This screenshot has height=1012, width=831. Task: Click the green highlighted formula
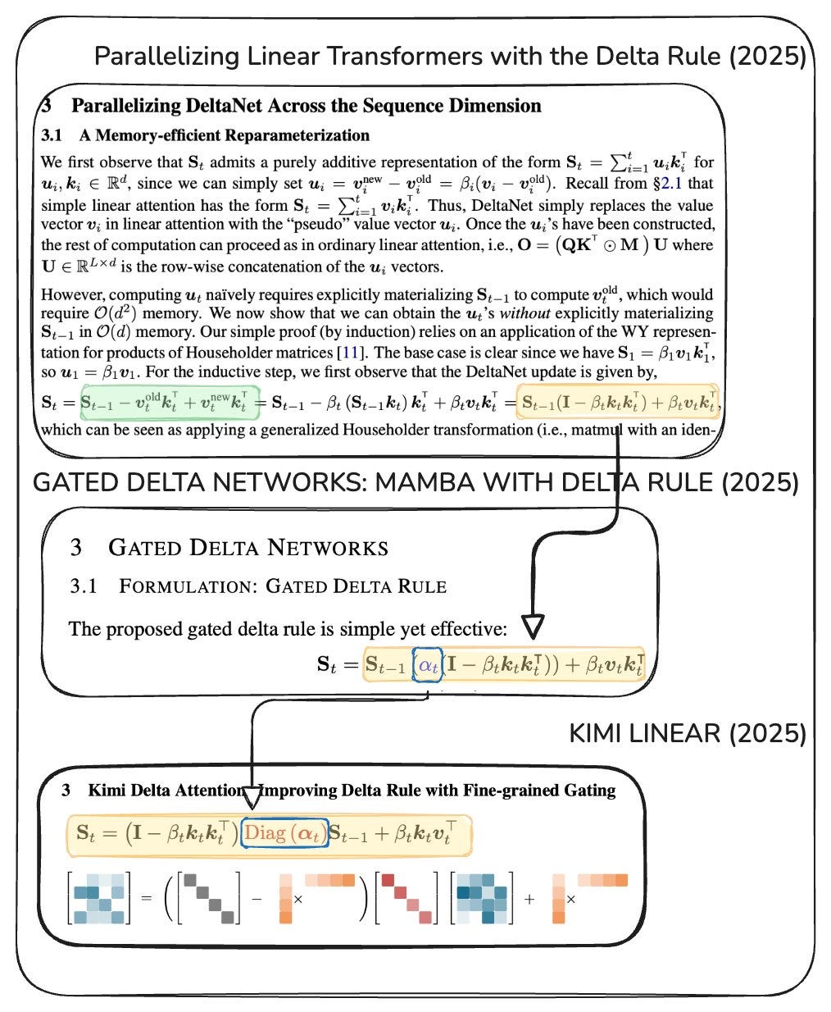[170, 402]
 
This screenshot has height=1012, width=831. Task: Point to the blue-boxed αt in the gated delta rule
[428, 665]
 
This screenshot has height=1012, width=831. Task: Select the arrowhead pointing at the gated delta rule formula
[533, 627]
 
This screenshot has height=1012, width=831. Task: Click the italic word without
[525, 313]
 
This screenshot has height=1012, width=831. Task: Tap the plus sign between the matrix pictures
[529, 899]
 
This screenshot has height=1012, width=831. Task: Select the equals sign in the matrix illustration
[146, 898]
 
